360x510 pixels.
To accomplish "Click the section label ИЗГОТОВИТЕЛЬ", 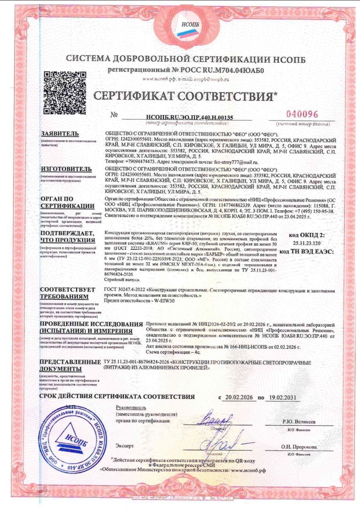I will [x=67, y=169].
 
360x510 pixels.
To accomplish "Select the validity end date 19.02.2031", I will [x=284, y=398].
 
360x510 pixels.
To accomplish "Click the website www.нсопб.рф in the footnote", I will [x=248, y=470].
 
